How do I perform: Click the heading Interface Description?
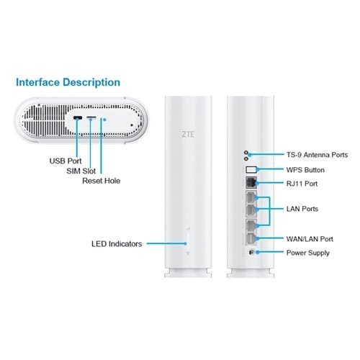(68, 82)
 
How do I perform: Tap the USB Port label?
(66, 161)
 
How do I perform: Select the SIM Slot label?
(81, 171)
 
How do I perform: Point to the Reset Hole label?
(102, 181)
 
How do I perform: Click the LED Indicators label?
(117, 244)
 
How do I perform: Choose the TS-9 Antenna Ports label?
(317, 155)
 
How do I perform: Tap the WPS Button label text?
(305, 170)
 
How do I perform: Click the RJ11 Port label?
(302, 184)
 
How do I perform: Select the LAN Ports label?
(302, 209)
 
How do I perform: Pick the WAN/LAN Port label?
(310, 239)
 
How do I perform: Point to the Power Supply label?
(308, 253)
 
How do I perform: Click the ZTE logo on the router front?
(188, 135)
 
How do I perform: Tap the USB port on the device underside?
(78, 118)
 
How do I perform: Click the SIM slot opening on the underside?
(91, 117)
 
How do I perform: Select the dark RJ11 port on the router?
(251, 183)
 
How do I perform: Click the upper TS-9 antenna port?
(246, 153)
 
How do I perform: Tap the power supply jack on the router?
(251, 252)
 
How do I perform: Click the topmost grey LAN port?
(251, 197)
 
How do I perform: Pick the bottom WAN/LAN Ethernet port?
(251, 238)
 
